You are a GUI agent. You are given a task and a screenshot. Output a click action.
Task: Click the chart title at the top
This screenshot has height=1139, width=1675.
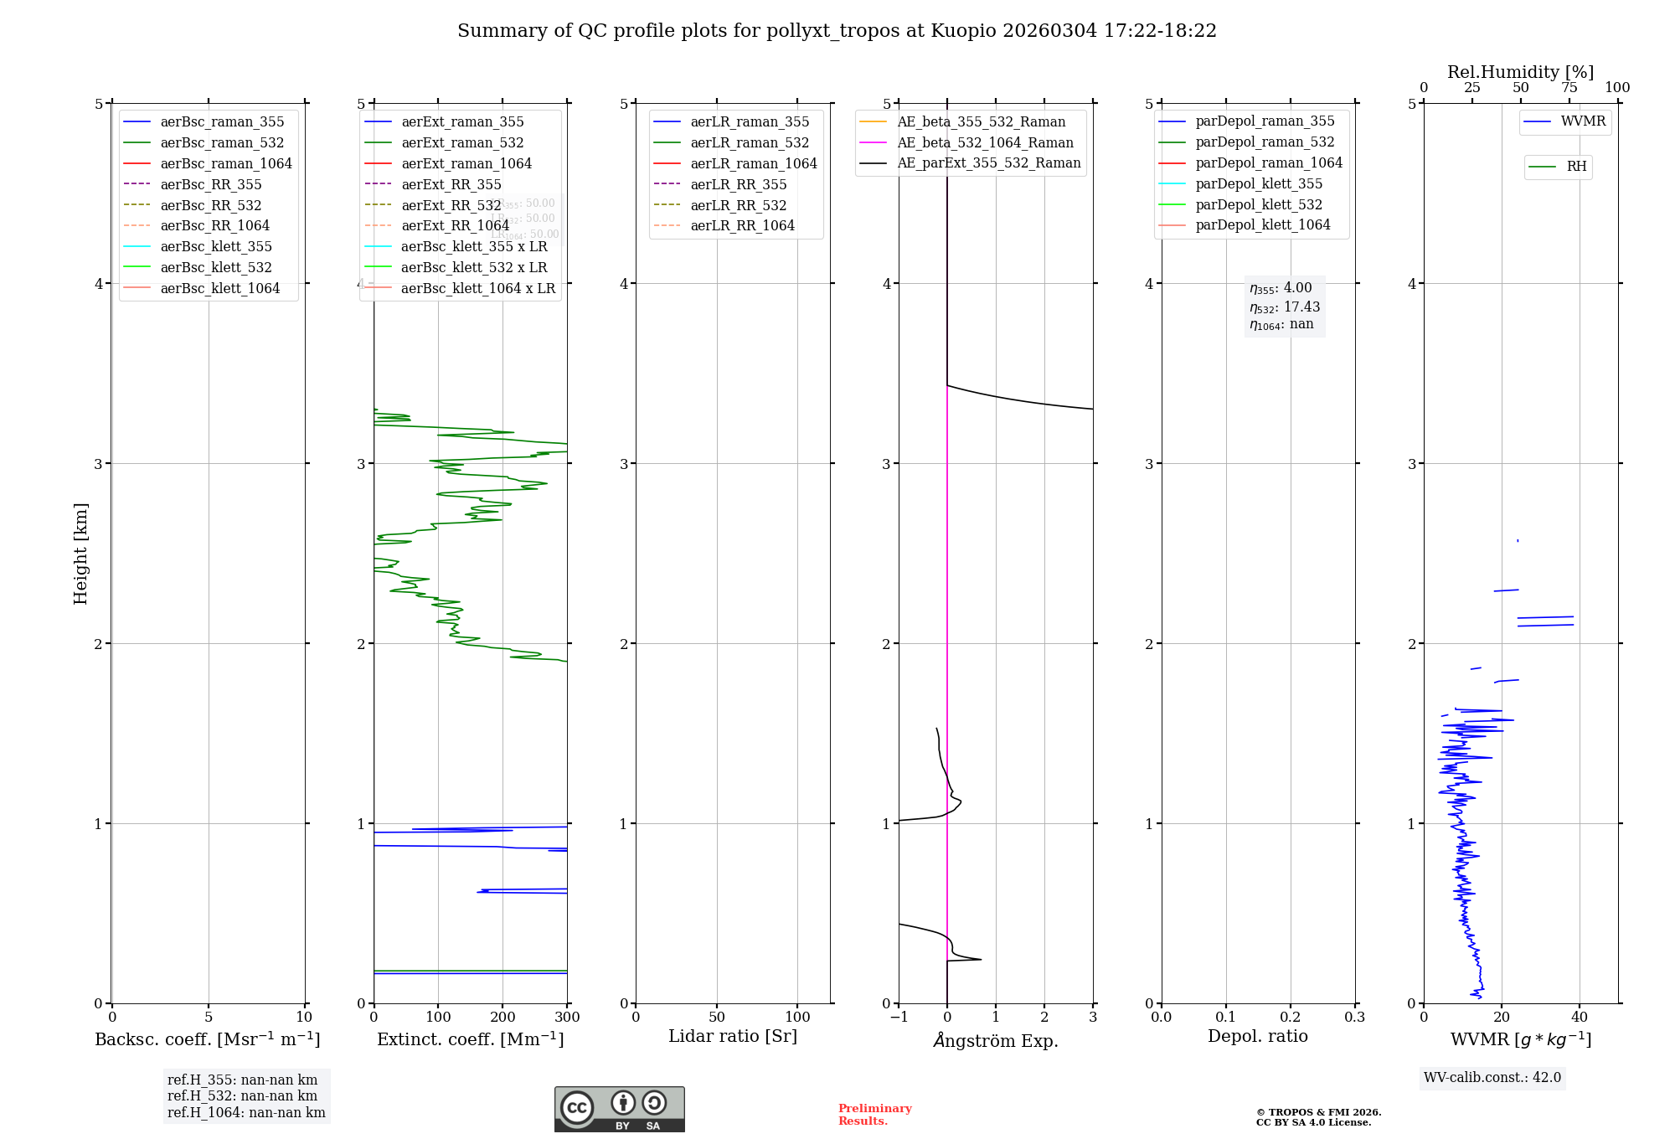point(837,31)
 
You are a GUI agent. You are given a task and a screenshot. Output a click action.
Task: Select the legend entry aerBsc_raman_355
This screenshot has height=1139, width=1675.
point(222,122)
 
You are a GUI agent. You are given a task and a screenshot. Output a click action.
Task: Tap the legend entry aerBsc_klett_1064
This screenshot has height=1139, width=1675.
point(219,289)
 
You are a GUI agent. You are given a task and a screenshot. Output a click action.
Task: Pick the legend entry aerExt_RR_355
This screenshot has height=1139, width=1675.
point(451,185)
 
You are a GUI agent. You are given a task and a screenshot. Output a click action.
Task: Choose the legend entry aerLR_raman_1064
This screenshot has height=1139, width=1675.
point(753,164)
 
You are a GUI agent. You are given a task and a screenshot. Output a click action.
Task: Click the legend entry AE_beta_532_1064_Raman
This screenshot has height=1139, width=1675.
point(985,143)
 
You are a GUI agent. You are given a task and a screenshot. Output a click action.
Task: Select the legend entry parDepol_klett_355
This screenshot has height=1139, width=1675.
point(1259,184)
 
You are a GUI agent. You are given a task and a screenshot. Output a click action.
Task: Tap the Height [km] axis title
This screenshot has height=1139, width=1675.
point(80,554)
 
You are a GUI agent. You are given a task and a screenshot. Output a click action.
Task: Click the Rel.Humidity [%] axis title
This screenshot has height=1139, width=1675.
point(1520,72)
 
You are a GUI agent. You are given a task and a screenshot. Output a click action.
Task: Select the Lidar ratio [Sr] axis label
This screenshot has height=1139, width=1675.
point(733,1036)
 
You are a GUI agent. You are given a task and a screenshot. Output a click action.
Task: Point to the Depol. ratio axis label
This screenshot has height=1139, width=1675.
point(1257,1036)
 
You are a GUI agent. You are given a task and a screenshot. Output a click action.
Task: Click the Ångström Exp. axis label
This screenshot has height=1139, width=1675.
point(996,1040)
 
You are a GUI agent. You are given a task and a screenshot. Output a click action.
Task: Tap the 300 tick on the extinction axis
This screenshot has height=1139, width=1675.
point(567,1018)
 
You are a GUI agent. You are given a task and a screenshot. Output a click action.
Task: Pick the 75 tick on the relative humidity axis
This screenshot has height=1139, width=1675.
point(1569,88)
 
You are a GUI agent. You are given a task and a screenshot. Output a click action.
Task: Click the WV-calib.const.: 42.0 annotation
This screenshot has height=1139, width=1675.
point(1492,1078)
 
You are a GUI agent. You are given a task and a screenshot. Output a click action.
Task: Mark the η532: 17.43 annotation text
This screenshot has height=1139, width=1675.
point(1285,307)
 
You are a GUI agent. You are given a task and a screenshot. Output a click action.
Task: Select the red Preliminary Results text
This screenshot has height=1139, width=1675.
point(874,1115)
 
